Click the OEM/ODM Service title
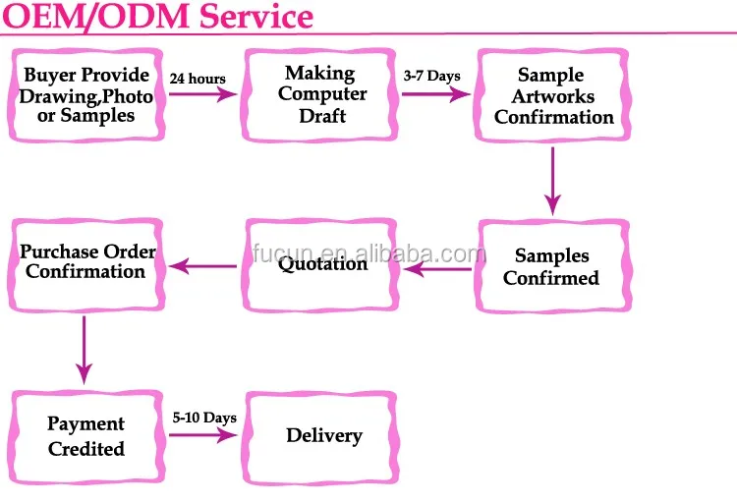point(157,17)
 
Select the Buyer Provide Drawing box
point(86,95)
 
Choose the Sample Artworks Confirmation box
point(553,95)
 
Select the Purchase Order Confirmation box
point(87,261)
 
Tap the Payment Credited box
point(86,436)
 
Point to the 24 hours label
point(198,79)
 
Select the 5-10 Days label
point(204,418)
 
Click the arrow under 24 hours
point(202,95)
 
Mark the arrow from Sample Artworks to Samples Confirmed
point(553,180)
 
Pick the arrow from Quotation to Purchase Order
point(203,265)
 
